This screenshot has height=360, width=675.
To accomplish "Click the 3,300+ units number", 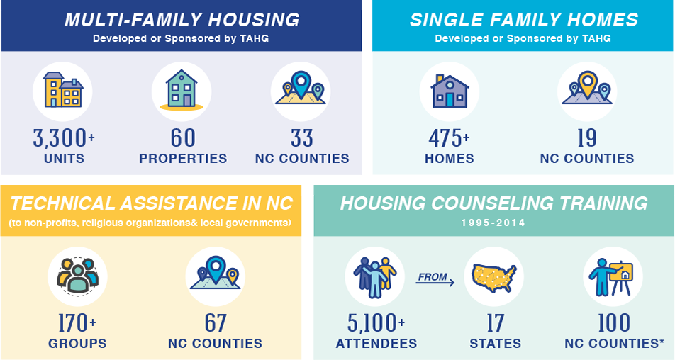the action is (64, 138).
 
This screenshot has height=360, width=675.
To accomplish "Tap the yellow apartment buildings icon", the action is (63, 89).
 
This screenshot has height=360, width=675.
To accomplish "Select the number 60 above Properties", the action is (183, 138).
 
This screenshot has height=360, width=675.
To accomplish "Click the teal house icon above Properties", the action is (182, 89).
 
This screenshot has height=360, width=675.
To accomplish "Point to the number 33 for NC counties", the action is (301, 138).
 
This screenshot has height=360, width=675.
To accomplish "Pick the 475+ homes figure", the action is (449, 138).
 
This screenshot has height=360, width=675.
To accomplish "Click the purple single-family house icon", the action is (450, 91).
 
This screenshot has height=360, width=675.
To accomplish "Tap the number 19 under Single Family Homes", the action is (587, 138).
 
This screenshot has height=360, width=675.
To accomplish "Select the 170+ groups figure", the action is (77, 323).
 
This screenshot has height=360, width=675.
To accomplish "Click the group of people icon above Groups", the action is (77, 276).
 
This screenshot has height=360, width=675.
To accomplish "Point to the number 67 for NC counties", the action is (216, 323).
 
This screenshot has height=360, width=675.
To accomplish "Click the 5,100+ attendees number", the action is (376, 323).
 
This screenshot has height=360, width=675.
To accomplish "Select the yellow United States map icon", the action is (493, 277).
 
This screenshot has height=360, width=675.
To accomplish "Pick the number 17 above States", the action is (495, 323).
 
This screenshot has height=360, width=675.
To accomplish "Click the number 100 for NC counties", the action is (614, 323).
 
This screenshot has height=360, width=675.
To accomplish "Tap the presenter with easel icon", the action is (611, 276).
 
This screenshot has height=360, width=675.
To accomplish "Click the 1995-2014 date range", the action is (493, 223).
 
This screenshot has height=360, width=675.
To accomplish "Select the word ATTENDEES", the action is (376, 343).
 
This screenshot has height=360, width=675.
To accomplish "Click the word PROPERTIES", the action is (183, 159).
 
